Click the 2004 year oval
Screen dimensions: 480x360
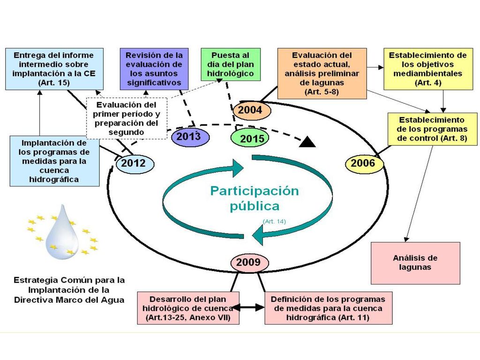(252, 110)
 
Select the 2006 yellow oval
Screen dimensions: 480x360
(364, 163)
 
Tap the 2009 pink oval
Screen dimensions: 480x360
(249, 262)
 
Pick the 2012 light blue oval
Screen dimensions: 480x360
(135, 163)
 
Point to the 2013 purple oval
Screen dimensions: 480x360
(190, 136)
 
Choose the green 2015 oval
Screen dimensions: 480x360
(250, 138)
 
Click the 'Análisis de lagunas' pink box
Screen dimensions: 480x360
(415, 263)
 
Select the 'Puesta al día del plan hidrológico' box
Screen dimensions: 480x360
(231, 64)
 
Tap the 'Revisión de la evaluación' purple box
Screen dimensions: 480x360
(154, 69)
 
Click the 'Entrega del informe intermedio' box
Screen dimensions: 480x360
(54, 69)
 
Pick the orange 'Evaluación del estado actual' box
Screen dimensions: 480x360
(322, 74)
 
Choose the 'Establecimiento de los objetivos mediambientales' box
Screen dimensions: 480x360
(428, 69)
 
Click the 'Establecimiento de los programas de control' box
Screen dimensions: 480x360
(432, 129)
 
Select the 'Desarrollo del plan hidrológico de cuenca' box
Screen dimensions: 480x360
(188, 308)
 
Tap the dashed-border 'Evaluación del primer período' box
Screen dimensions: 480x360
(127, 118)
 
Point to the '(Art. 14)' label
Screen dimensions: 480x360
(274, 221)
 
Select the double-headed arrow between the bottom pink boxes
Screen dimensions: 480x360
(248, 307)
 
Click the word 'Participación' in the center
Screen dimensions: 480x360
(255, 191)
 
